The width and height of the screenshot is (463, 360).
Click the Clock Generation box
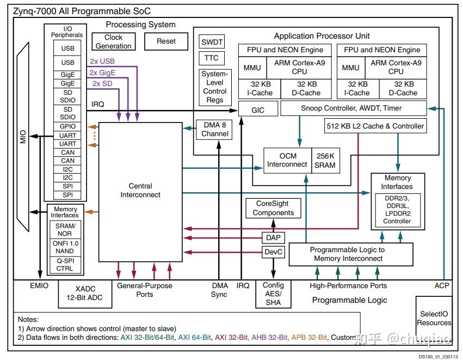pos(113,42)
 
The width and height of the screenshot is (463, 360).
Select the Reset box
pos(166,41)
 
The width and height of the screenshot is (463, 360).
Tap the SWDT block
pos(212,42)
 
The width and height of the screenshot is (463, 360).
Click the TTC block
pos(212,58)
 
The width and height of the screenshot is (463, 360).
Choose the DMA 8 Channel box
pos(215,129)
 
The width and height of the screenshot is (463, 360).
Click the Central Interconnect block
pos(140,191)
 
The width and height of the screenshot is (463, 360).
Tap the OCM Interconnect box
pos(287,160)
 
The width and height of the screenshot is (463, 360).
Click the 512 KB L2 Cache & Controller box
pos(375,126)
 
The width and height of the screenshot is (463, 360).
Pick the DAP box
pos(273,237)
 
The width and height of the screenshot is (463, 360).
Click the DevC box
pos(273,252)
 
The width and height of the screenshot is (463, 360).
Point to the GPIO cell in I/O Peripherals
pos(68,126)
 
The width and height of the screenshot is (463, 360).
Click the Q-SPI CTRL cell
pos(65,264)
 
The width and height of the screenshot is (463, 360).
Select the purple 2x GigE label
pos(102,73)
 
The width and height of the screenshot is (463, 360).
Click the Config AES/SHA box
pos(273,294)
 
